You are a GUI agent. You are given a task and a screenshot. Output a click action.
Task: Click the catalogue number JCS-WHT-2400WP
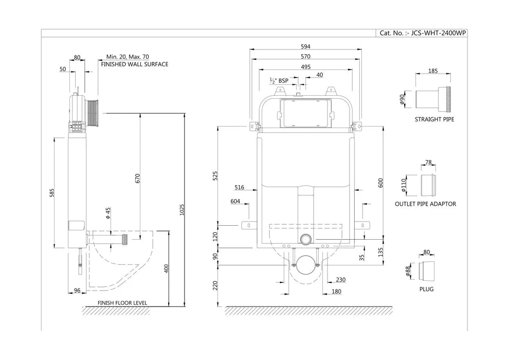[423, 33]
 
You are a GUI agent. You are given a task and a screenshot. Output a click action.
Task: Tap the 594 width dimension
[305, 46]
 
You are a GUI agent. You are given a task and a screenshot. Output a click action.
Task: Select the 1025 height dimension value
[183, 209]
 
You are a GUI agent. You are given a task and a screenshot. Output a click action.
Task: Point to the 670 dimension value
[137, 178]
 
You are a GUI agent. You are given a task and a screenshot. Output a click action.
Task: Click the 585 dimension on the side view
[52, 193]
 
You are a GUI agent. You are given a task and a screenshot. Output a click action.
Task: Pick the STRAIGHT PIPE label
[434, 119]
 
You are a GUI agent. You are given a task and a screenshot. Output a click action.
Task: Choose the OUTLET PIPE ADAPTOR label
[425, 204]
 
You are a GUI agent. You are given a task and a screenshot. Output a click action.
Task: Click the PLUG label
[426, 289]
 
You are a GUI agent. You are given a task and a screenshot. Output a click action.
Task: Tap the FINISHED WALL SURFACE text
[134, 65]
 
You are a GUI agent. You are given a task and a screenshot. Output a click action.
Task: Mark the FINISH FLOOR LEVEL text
[122, 303]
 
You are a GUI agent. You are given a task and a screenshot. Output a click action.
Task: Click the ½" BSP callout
[279, 81]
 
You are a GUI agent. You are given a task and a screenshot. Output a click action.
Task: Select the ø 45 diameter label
[108, 213]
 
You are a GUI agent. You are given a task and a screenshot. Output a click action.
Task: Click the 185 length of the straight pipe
[433, 71]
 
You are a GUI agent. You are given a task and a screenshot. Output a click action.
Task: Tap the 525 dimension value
[216, 175]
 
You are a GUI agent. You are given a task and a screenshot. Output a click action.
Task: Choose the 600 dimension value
[381, 183]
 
